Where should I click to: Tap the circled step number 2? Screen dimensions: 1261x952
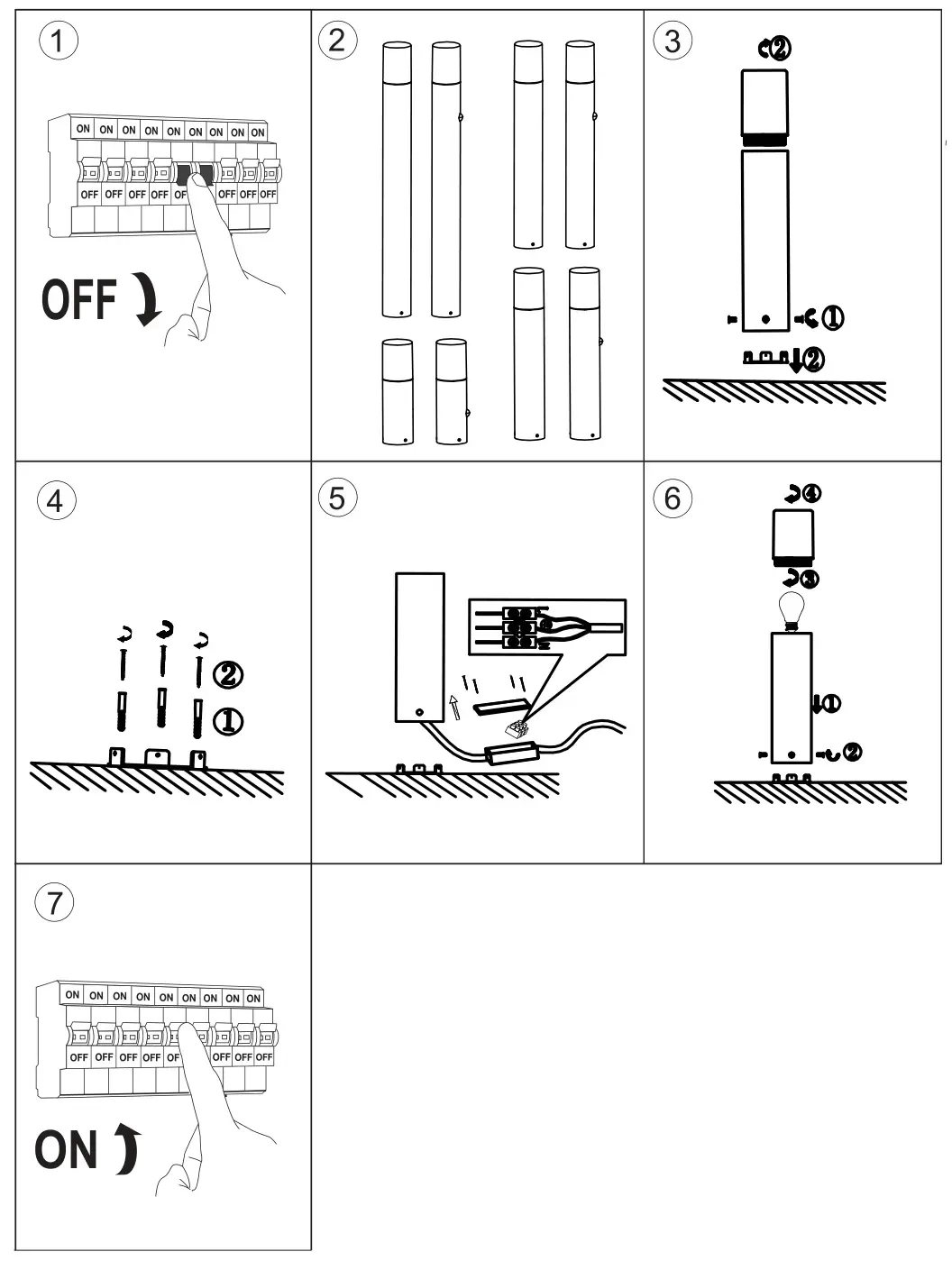337,41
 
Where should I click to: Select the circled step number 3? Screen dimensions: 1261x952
673,41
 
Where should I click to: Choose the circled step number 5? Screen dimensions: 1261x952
337,498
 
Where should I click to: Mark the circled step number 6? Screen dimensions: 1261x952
673,498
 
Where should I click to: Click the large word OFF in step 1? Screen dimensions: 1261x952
79,300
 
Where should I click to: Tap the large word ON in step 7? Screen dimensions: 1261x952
66,1151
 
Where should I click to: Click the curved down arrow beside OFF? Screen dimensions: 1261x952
146,301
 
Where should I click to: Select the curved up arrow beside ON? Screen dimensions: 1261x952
129,1150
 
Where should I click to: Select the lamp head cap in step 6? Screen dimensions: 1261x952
793,535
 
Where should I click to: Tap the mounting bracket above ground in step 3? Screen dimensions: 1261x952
766,358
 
